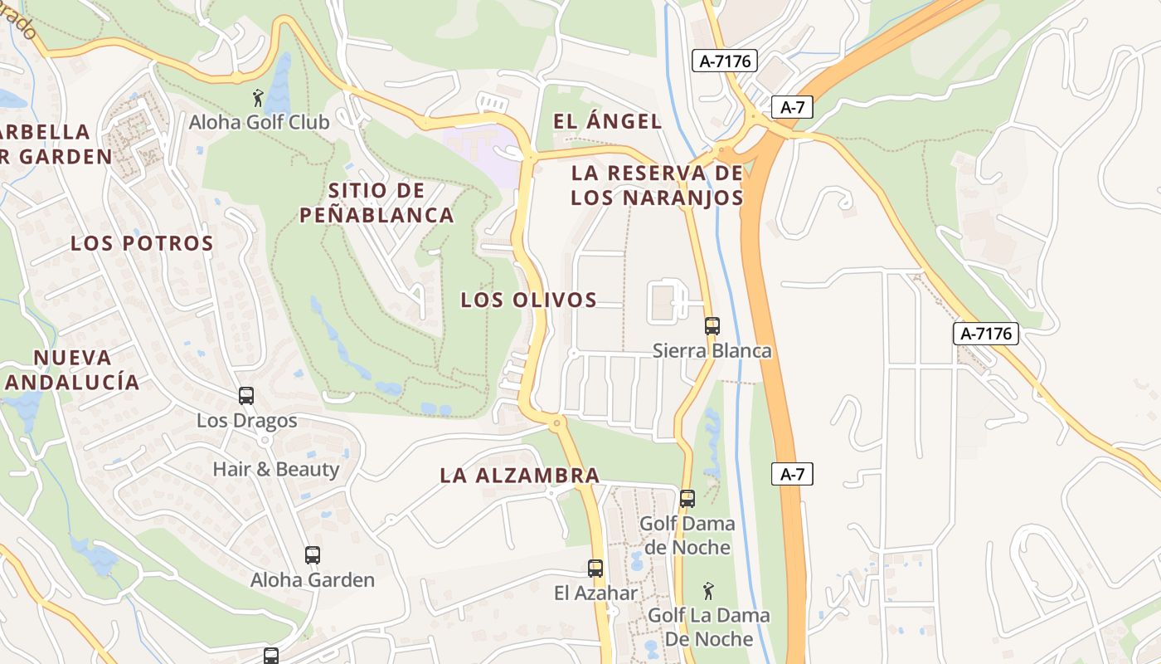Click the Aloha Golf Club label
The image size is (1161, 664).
click(259, 122)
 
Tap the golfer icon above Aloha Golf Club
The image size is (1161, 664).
click(259, 98)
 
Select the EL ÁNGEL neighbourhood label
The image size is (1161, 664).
click(608, 121)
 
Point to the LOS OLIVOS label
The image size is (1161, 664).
click(529, 300)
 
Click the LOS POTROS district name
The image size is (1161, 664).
click(143, 243)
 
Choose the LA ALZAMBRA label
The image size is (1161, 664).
click(519, 476)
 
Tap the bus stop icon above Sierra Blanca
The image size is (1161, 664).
click(712, 326)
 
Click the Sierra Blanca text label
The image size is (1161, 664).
click(712, 351)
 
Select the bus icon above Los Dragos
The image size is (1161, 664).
click(246, 396)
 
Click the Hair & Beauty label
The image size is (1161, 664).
click(276, 469)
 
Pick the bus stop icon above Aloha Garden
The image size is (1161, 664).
click(312, 555)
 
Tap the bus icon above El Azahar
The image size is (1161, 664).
click(595, 569)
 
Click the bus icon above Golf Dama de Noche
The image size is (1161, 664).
click(687, 499)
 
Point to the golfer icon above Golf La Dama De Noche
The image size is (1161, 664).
click(708, 591)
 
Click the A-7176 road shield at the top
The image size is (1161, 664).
click(725, 61)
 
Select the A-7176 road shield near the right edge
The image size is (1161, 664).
click(985, 334)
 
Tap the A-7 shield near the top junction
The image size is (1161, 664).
click(792, 107)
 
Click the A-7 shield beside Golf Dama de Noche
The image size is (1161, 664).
click(792, 474)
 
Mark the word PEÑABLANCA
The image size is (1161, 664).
click(376, 215)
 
